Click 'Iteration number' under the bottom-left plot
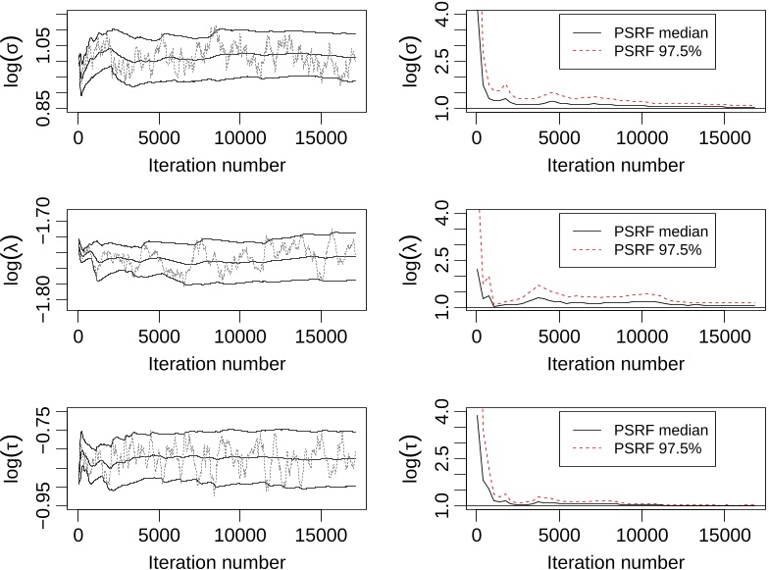(218, 562)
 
